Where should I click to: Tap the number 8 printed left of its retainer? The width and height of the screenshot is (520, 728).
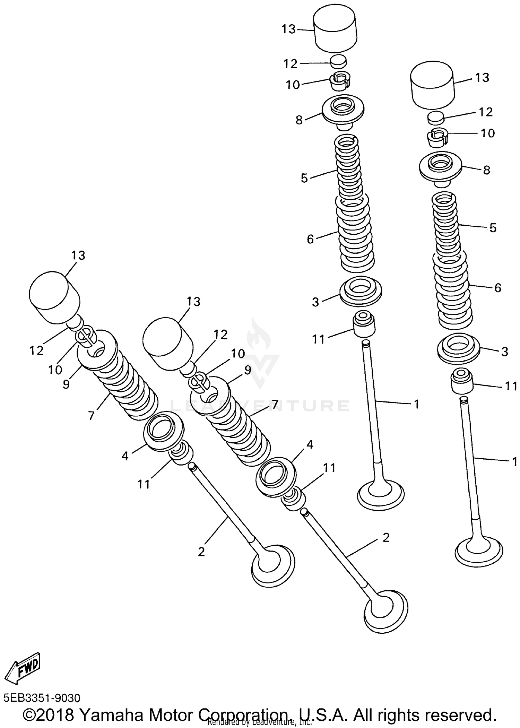(299, 120)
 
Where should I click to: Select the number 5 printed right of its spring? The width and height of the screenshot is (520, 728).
(493, 228)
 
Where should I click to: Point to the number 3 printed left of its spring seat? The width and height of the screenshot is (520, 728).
(315, 302)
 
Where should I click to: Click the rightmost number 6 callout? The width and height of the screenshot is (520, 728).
(497, 288)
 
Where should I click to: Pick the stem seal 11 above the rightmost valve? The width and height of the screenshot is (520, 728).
(461, 382)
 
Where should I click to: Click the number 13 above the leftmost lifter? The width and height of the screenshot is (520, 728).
(78, 255)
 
